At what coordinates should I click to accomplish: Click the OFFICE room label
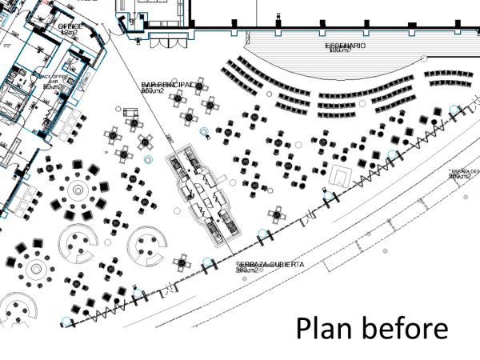point(70,26)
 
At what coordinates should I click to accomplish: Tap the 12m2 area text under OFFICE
point(70,33)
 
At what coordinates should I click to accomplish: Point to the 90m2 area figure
point(50,87)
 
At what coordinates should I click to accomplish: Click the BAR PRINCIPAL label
point(167,84)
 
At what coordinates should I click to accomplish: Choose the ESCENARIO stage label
point(346,46)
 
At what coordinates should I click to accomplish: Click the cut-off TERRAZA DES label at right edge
point(463,171)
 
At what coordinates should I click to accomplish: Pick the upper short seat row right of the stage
point(450,74)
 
